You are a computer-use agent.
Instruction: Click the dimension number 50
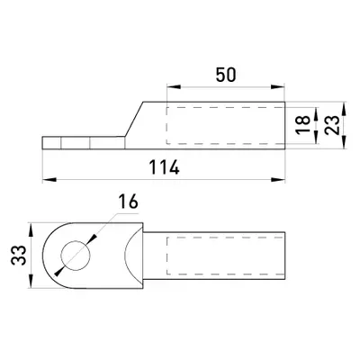[226, 75]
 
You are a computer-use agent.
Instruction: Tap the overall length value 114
[165, 167]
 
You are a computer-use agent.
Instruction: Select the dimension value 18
[303, 125]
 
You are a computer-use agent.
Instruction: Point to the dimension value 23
[332, 125]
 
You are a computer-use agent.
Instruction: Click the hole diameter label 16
[128, 202]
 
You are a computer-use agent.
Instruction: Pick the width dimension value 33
[19, 255]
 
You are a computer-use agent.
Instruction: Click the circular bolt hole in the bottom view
[76, 255]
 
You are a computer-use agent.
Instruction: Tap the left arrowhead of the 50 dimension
[174, 86]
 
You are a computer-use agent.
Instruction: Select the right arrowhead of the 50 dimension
[277, 86]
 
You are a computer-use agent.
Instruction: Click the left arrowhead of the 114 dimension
[49, 180]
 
